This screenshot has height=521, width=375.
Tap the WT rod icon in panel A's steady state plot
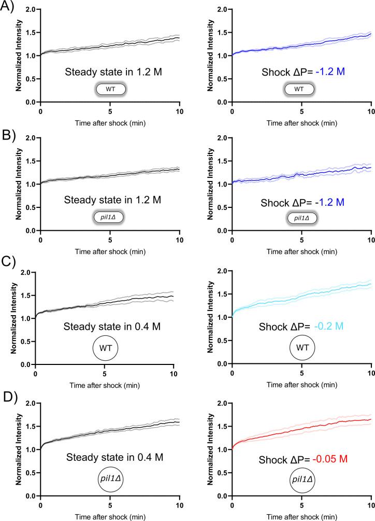[x=110, y=89]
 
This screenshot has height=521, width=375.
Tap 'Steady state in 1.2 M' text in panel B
[x=109, y=199]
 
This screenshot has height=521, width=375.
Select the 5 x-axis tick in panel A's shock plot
[x=301, y=111]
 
